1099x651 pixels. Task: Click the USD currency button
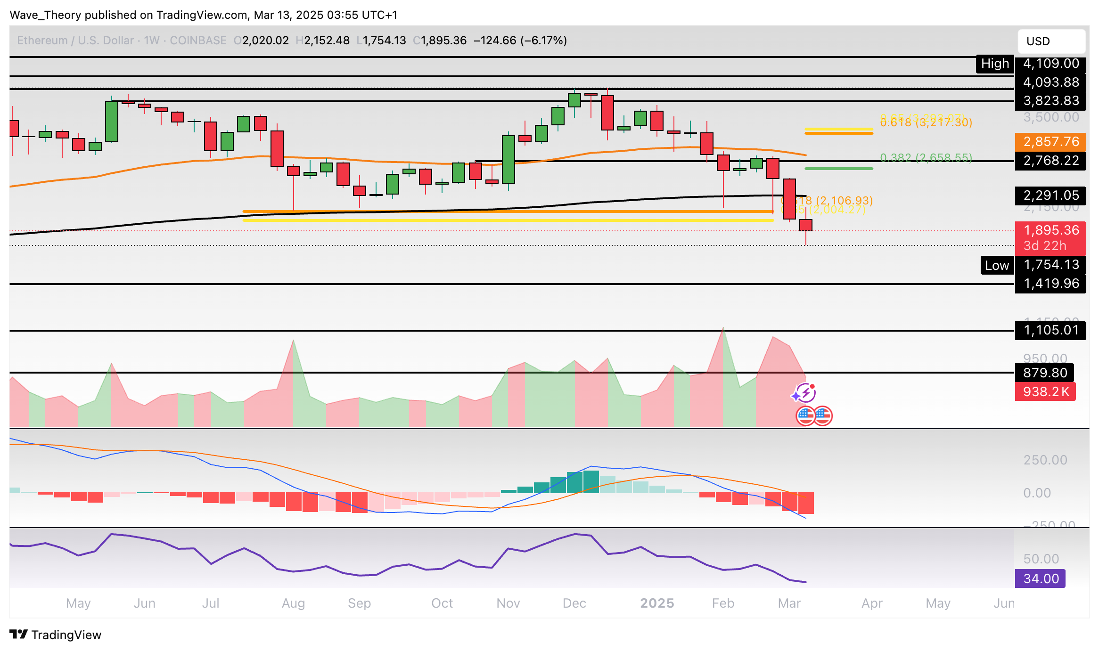tap(1051, 41)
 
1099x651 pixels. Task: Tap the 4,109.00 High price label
tap(1050, 64)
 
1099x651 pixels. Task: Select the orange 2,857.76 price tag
tap(1050, 142)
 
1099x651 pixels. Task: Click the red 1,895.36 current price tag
tap(1050, 230)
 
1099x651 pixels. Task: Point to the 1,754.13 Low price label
tap(1050, 265)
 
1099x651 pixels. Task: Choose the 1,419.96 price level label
tap(1050, 284)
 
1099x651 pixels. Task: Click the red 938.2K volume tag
tap(1045, 392)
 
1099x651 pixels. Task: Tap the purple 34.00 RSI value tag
tap(1040, 578)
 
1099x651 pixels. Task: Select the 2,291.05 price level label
tap(1050, 195)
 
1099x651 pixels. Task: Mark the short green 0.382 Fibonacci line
tap(838, 168)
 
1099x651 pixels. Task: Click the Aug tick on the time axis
tap(293, 603)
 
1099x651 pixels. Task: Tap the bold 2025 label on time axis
tap(657, 603)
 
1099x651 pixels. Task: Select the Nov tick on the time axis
tap(508, 603)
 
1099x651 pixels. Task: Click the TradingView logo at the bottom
tap(56, 635)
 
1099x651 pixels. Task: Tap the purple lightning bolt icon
tap(804, 392)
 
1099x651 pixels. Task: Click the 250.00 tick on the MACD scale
tap(1045, 460)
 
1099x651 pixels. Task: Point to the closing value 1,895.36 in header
tap(443, 41)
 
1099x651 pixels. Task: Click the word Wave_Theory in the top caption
tap(46, 15)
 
